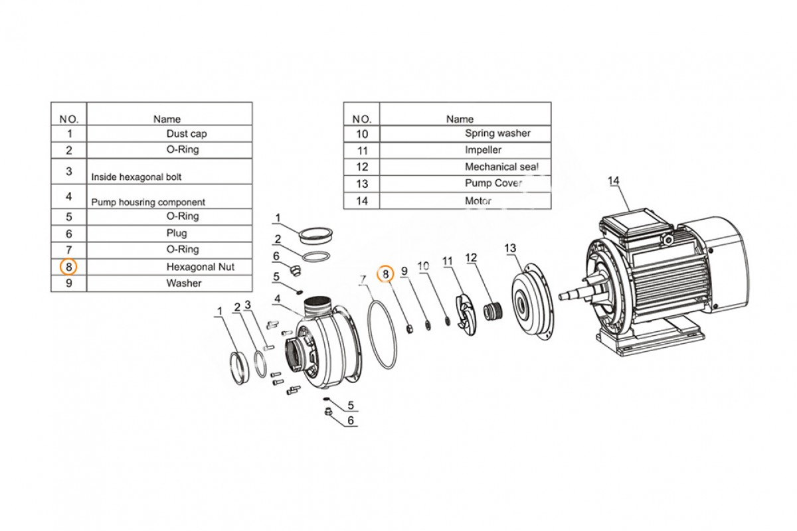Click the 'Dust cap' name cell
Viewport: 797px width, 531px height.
point(169,133)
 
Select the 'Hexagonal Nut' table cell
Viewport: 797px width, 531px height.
point(169,267)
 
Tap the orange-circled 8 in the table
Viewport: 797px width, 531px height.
point(68,267)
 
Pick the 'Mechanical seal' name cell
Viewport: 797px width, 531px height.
point(466,167)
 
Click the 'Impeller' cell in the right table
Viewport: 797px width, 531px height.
point(466,150)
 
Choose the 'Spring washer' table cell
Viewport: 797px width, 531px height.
point(466,133)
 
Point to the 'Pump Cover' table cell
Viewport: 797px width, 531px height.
point(466,183)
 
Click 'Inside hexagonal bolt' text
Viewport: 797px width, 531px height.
point(136,177)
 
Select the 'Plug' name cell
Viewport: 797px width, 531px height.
point(169,234)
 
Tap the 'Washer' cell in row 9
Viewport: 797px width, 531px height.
point(169,283)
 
